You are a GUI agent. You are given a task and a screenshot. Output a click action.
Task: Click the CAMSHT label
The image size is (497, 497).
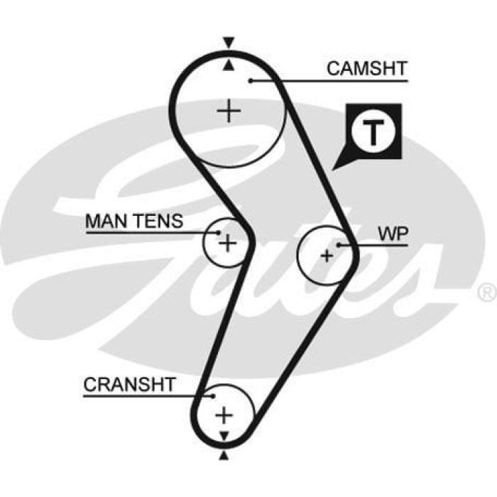pos(366,69)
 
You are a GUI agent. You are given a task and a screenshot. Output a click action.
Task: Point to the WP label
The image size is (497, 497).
pos(392,235)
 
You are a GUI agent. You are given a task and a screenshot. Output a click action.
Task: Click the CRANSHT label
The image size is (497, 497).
pos(129,385)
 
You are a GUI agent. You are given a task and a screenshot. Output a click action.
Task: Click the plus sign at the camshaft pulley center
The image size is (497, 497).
pos(229,111)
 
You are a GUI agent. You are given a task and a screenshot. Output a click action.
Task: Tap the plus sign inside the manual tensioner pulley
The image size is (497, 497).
pos(226,244)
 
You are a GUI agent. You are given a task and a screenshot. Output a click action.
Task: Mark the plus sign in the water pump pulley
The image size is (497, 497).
pos(327,256)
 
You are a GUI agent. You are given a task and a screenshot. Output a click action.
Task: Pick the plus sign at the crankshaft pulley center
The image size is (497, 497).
pos(224,414)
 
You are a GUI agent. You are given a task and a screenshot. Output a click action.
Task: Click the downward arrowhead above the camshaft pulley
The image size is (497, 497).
pos(227,43)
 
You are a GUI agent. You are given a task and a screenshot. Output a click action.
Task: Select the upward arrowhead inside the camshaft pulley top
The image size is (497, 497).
pos(227,66)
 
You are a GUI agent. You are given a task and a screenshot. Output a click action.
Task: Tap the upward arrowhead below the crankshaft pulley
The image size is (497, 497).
pos(224,454)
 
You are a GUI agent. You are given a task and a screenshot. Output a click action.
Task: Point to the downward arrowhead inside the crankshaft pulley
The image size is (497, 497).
pos(224,435)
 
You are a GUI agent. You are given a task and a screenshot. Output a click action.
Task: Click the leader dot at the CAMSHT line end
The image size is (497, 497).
pos(251,80)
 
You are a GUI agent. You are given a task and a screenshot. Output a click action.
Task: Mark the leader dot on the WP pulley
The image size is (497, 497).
pos(339,245)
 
